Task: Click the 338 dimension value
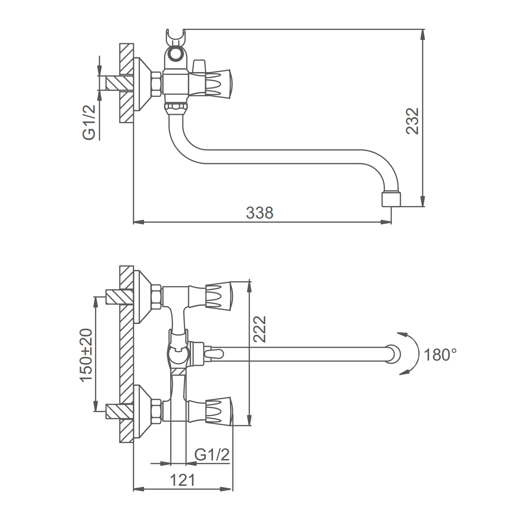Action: (x=260, y=213)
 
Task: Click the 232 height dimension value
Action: (x=413, y=121)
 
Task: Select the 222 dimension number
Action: (x=259, y=329)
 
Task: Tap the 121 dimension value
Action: (x=182, y=480)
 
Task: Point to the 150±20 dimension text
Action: (x=87, y=355)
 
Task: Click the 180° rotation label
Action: (x=440, y=355)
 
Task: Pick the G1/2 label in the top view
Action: (x=89, y=122)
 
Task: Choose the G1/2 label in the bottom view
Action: (x=212, y=455)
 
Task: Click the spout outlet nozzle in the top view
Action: (x=391, y=198)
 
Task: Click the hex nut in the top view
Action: (x=156, y=83)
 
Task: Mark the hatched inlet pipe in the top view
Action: (x=119, y=83)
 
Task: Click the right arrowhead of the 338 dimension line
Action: (x=386, y=222)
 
